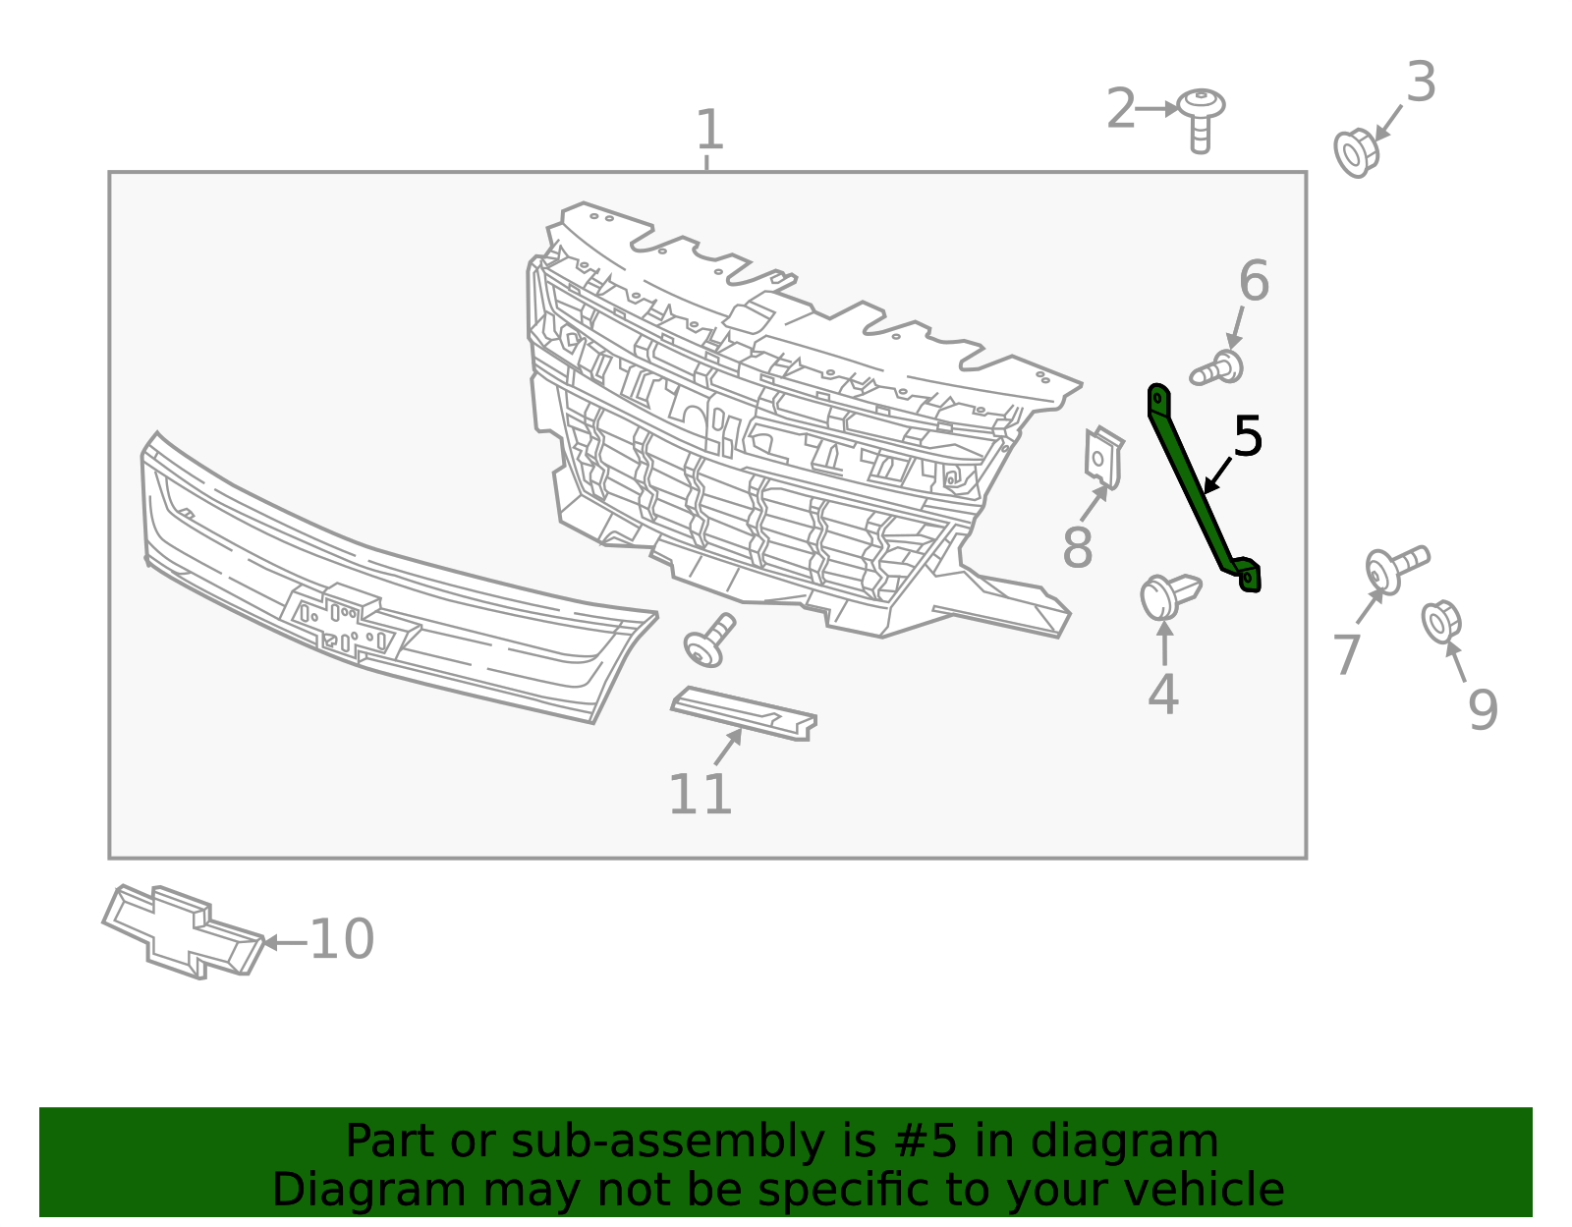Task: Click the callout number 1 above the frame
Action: (709, 130)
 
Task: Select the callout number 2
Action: (1121, 109)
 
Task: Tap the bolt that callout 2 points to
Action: (1201, 119)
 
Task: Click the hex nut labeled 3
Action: (1357, 152)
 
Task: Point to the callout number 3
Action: (1421, 83)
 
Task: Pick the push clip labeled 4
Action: (1169, 595)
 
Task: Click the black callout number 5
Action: (1248, 437)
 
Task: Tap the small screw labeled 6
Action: (1216, 368)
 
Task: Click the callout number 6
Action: (1254, 281)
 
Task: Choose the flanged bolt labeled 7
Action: (1396, 569)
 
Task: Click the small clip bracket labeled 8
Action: (1104, 458)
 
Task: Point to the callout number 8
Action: (1077, 547)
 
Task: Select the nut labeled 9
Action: (1441, 622)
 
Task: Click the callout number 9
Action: (1483, 710)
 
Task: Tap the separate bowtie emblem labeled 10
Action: (183, 931)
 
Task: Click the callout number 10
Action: (342, 940)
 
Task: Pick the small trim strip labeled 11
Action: (744, 713)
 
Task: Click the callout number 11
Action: (700, 795)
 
